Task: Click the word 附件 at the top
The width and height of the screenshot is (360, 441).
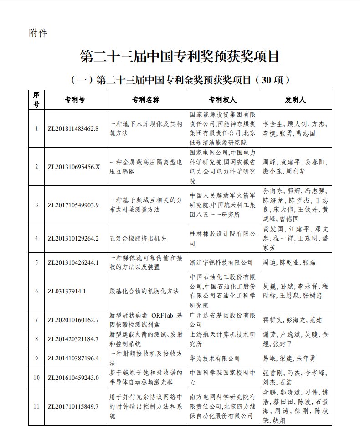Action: coord(37,33)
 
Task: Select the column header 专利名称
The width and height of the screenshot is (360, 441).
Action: coord(146,100)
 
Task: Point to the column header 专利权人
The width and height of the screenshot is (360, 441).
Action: coord(222,100)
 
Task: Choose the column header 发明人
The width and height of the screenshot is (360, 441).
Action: coord(295,100)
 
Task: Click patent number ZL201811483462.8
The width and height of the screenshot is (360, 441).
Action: coord(73,128)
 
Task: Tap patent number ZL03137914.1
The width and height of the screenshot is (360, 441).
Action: coord(67,291)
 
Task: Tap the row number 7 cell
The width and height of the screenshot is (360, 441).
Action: coord(36,320)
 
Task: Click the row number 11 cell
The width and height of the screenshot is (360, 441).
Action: coord(36,406)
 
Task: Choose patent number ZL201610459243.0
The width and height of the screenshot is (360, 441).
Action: coord(73,378)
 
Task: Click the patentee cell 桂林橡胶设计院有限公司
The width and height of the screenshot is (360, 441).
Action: coord(222,238)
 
